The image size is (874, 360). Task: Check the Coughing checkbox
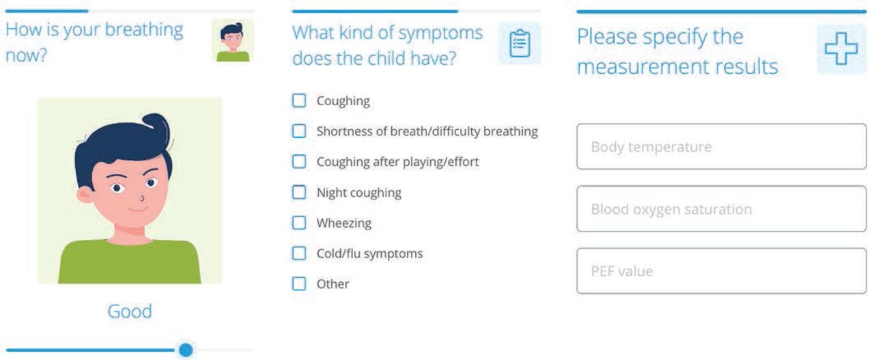click(x=299, y=100)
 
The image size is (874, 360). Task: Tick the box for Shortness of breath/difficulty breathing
click(x=299, y=130)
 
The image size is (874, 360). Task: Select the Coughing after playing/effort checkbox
click(x=299, y=161)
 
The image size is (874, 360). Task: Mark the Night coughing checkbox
click(x=299, y=192)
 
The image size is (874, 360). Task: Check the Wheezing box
click(x=299, y=223)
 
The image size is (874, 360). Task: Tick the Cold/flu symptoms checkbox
click(x=299, y=253)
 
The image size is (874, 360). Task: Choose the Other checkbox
click(x=299, y=283)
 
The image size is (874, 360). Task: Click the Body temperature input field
click(x=721, y=146)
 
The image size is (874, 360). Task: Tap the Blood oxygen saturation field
click(x=721, y=209)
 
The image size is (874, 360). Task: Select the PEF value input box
click(x=721, y=271)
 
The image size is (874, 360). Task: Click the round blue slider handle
click(x=186, y=350)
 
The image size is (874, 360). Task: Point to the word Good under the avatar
click(x=130, y=311)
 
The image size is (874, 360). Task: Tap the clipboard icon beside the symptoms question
click(x=520, y=43)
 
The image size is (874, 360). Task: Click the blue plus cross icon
click(x=841, y=49)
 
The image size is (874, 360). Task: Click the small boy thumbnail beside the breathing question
click(x=233, y=40)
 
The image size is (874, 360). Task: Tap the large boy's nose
click(x=141, y=197)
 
